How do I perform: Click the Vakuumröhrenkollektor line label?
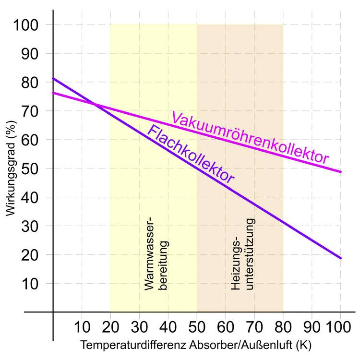click(x=250, y=137)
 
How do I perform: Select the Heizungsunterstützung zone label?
click(x=242, y=254)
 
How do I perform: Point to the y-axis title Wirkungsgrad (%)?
click(x=12, y=168)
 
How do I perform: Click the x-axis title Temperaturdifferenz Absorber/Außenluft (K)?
click(x=196, y=345)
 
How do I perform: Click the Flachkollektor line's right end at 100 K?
click(x=341, y=258)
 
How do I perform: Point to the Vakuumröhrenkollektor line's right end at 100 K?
click(x=341, y=171)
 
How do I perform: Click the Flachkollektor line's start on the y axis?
click(x=53, y=78)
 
